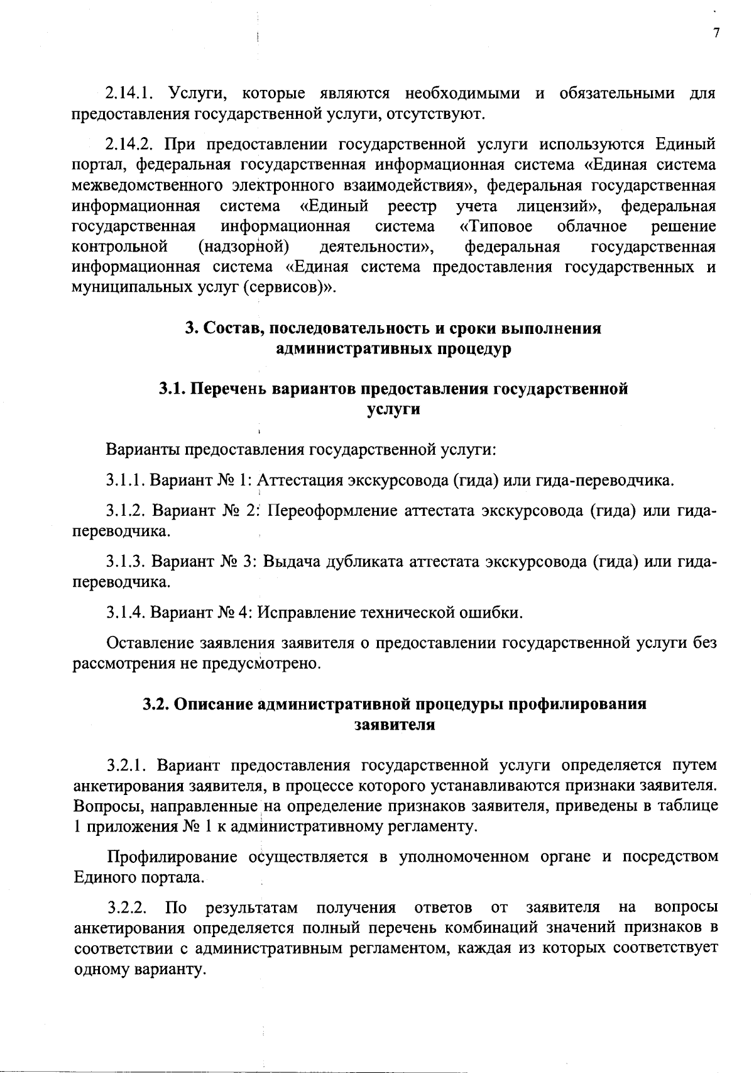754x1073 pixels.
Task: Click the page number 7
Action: point(716,33)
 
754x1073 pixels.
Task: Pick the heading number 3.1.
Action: point(171,389)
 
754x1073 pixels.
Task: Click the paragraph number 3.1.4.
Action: point(126,612)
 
